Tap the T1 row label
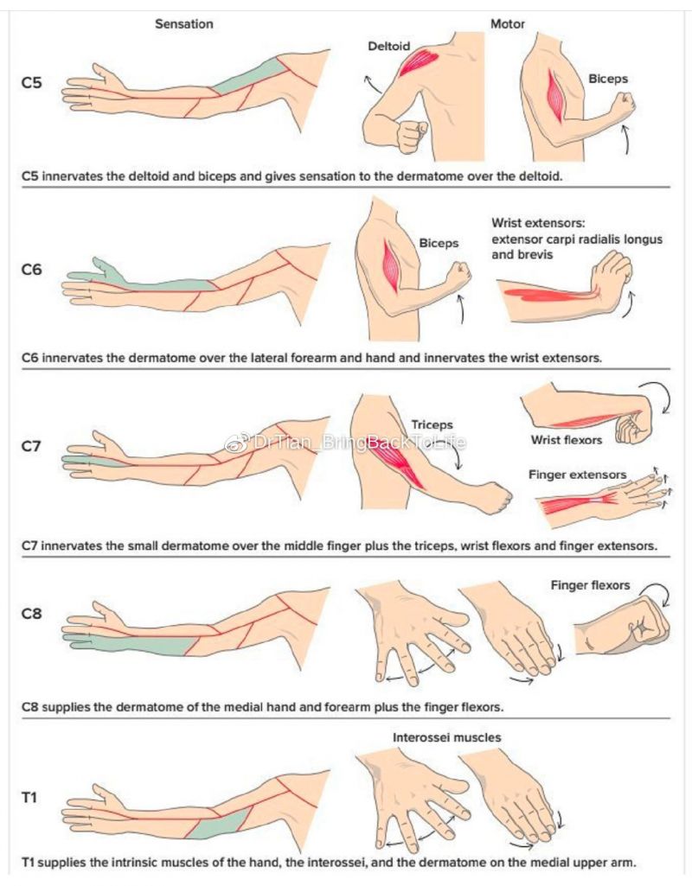(x=29, y=797)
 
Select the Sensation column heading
(x=183, y=24)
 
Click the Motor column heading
(x=508, y=24)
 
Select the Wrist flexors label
(x=566, y=440)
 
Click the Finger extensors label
(x=577, y=475)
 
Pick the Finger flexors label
(x=590, y=586)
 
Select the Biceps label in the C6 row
(x=439, y=244)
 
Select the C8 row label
(x=31, y=615)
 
